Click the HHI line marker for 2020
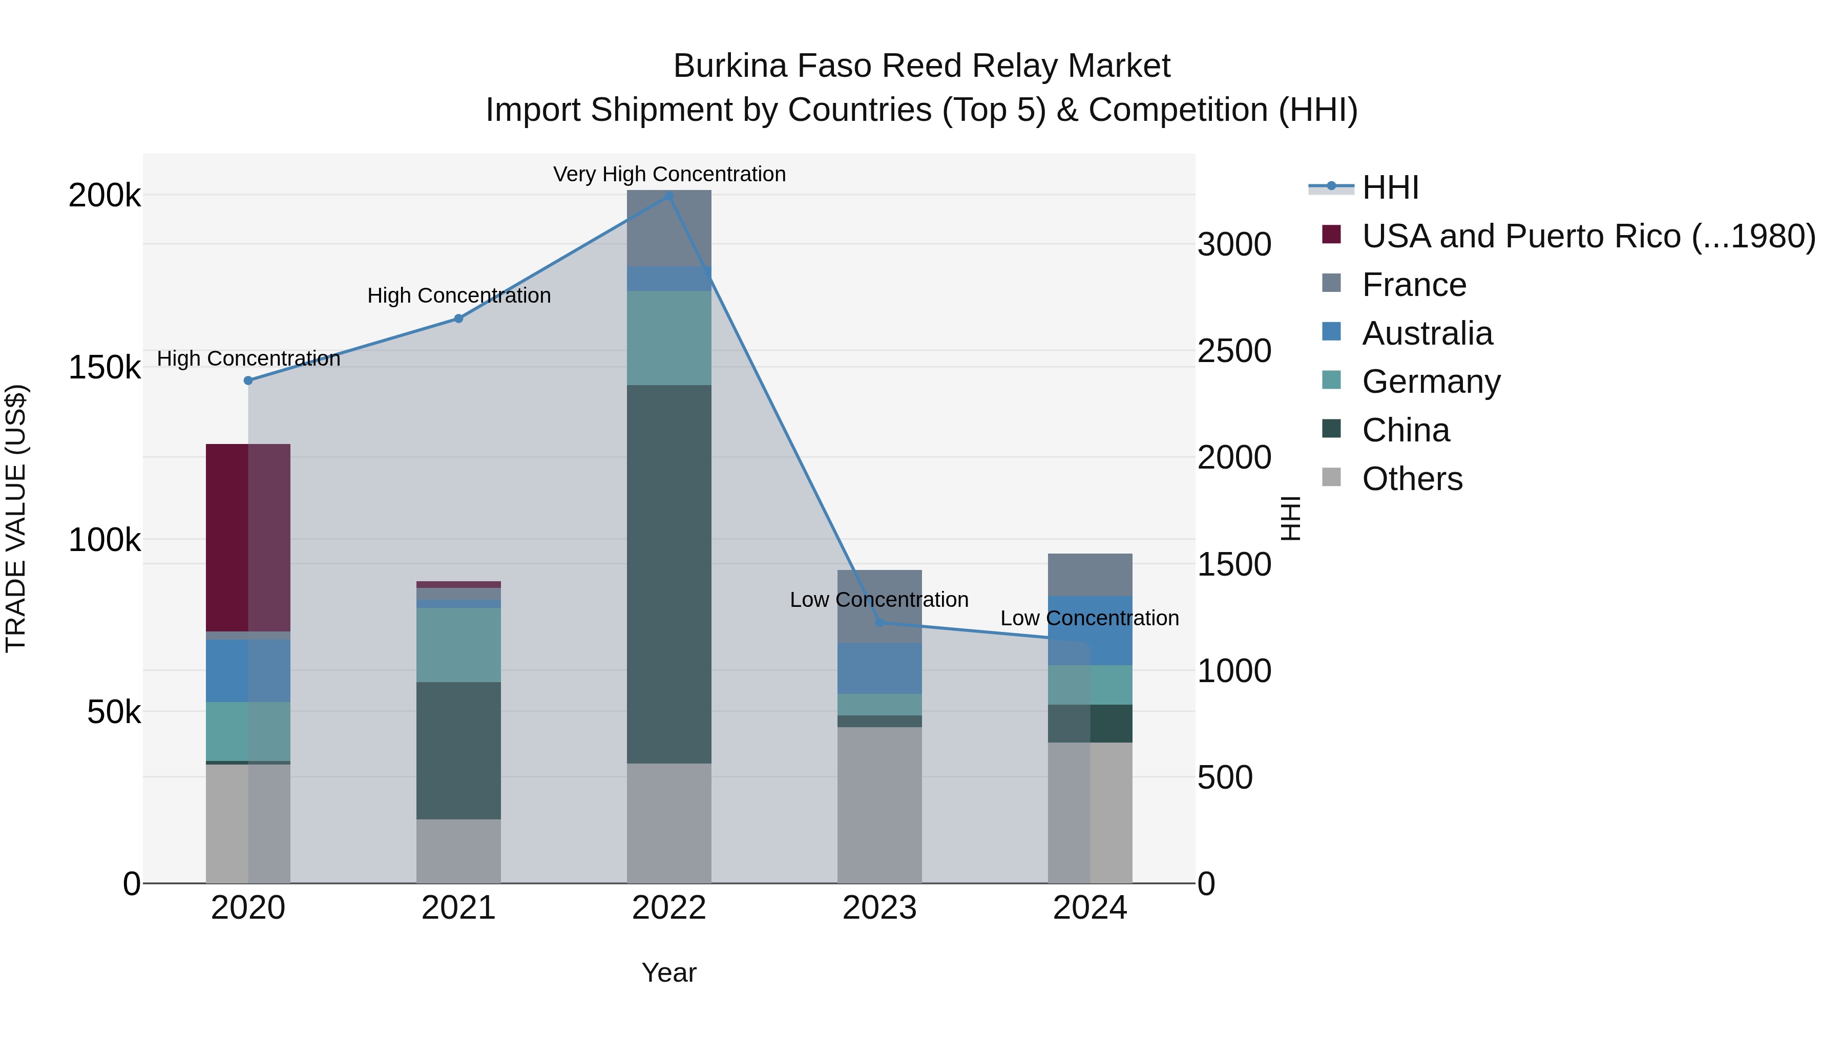click(x=248, y=380)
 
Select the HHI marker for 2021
click(x=459, y=319)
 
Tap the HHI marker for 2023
click(x=880, y=623)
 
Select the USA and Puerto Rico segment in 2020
click(x=248, y=537)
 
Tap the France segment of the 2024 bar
click(x=1089, y=575)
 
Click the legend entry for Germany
click(x=1430, y=382)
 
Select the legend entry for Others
click(x=1412, y=479)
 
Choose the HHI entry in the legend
click(x=1389, y=187)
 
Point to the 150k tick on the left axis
click(x=104, y=368)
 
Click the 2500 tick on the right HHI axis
click(x=1234, y=351)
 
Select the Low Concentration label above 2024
click(x=1089, y=618)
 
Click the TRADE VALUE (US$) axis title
click(x=16, y=518)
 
